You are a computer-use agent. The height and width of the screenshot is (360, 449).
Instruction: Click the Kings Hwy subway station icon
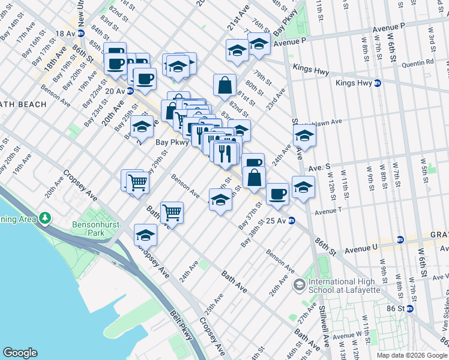pyautogui.click(x=378, y=83)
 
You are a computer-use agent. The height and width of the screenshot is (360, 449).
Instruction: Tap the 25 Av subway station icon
pyautogui.click(x=291, y=221)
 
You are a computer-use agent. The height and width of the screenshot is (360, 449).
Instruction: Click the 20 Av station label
pyautogui.click(x=113, y=91)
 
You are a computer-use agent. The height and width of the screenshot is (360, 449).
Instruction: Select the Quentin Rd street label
pyautogui.click(x=421, y=62)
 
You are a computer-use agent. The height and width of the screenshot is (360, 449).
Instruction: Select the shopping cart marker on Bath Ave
pyautogui.click(x=172, y=212)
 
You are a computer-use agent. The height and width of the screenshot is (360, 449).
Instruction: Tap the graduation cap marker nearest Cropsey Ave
pyautogui.click(x=145, y=235)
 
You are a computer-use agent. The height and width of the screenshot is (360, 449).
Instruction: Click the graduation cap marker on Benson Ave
pyautogui.click(x=220, y=199)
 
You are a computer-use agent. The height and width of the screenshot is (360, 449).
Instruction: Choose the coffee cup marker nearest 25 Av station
pyautogui.click(x=277, y=193)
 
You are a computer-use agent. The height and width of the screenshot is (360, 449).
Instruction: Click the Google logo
pyautogui.click(x=20, y=353)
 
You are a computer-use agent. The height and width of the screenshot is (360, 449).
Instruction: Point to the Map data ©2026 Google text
pyautogui.click(x=412, y=355)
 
